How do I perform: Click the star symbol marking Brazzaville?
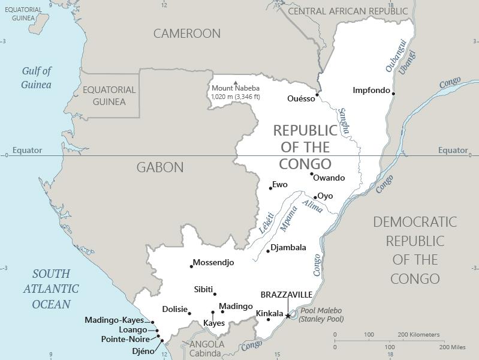[x=288, y=316]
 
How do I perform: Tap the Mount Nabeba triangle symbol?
[x=236, y=83]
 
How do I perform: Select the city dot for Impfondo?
[x=394, y=93]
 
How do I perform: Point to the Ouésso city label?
[x=301, y=99]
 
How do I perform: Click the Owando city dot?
[x=312, y=175]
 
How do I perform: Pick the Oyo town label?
[x=325, y=196]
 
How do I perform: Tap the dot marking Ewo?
[x=270, y=188]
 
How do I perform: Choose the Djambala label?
[x=288, y=247]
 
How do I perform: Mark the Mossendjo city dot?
[x=192, y=266]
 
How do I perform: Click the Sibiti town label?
[x=203, y=290]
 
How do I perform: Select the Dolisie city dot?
[x=189, y=313]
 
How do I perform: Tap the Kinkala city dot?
[x=268, y=319]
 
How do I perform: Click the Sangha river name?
[x=344, y=121]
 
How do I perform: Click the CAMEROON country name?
[x=187, y=34]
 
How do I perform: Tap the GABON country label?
[x=160, y=167]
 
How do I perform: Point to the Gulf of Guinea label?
[x=37, y=78]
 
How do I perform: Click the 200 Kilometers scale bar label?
[x=418, y=334]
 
